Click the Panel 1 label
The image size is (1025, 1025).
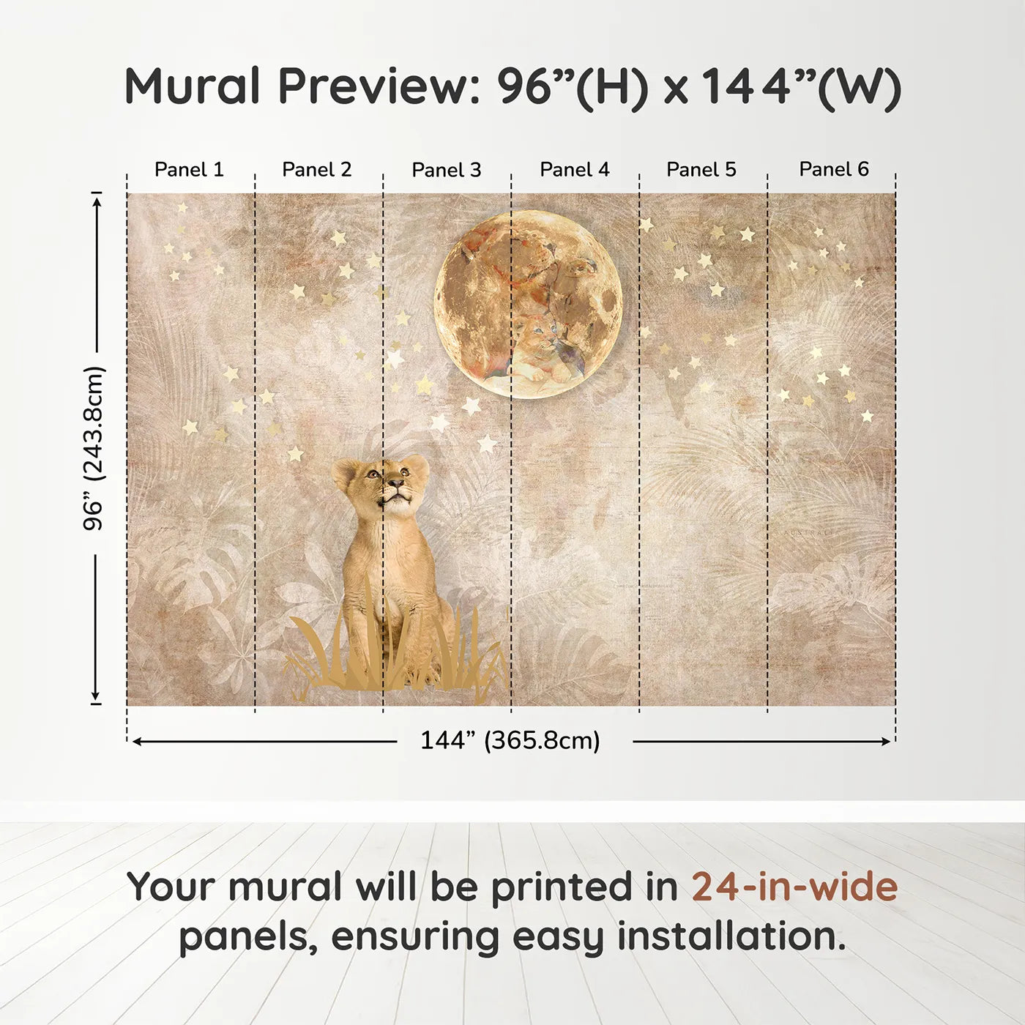189,170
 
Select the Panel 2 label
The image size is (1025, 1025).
316,170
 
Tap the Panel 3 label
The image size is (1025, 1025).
447,170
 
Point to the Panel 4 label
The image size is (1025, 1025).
575,170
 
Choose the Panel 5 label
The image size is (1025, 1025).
701,170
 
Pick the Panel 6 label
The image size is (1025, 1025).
833,169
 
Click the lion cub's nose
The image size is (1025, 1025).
394,483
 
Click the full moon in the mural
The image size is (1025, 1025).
528,305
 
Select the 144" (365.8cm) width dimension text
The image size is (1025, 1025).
510,740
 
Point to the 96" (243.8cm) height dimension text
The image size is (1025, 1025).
94,448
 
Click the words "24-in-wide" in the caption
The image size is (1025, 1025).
794,887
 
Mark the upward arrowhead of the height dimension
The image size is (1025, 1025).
96,202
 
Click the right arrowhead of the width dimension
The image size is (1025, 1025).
884,742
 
